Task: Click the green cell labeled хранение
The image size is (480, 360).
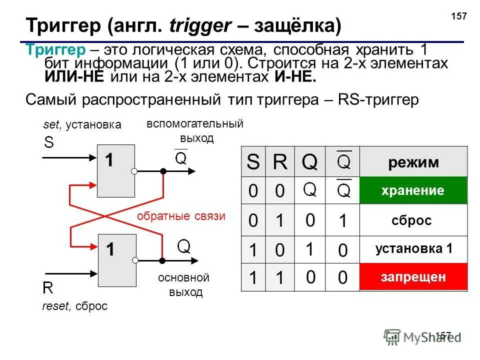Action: pos(413,190)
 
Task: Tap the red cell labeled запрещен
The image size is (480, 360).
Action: pos(413,276)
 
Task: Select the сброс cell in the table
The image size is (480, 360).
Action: pos(413,220)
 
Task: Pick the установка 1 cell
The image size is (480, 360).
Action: pos(413,248)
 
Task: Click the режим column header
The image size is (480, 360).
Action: pos(413,162)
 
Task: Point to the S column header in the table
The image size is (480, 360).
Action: pos(254,162)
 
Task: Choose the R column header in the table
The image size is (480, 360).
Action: pos(280,162)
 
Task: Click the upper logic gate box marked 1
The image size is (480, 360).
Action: pos(116,170)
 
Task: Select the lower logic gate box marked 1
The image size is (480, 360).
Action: pos(116,260)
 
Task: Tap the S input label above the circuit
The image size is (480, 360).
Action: pos(48,142)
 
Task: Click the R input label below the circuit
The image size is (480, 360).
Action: pos(48,288)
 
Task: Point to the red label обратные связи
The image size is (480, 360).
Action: pos(181,216)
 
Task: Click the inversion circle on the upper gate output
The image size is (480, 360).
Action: pos(134,171)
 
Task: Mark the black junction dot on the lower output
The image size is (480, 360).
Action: pos(162,260)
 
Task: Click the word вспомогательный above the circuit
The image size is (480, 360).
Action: pos(194,124)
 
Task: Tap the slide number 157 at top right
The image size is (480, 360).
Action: pos(458,16)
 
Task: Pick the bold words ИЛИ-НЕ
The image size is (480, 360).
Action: pos(75,77)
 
